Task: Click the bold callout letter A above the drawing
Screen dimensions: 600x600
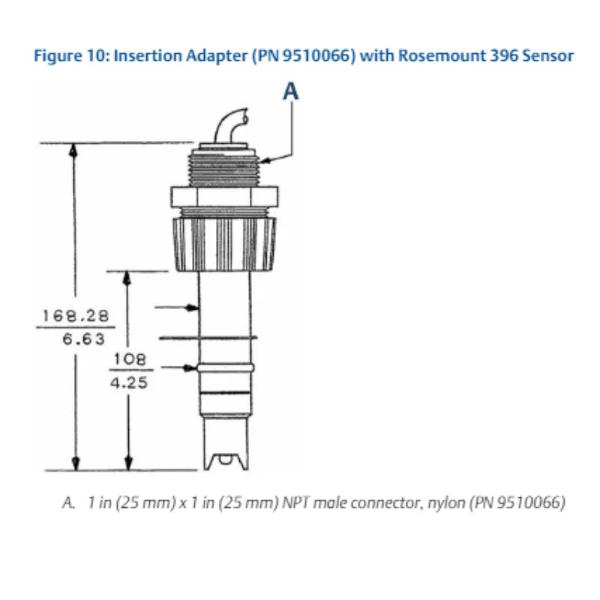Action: [x=291, y=91]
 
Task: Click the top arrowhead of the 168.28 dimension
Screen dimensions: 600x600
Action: [x=73, y=148]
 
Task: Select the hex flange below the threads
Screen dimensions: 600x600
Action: [x=225, y=197]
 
